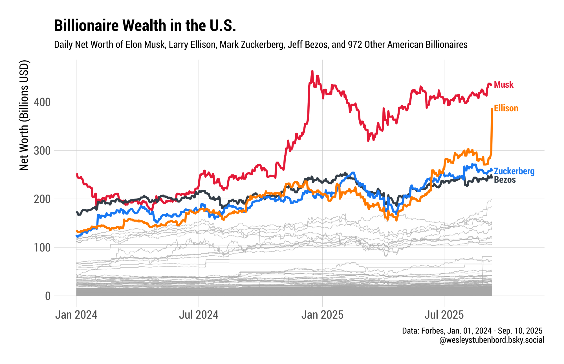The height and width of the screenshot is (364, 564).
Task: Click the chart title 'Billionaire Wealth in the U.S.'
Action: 145,26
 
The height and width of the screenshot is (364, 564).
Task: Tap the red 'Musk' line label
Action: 504,85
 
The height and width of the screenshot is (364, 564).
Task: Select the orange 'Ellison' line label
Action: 506,108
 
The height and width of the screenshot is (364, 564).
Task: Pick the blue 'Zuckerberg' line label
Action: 514,171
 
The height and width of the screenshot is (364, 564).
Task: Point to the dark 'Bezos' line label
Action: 505,180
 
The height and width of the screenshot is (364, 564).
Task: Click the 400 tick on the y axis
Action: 42,102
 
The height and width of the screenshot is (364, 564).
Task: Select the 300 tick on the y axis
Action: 42,151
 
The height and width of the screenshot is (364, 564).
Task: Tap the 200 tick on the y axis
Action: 42,199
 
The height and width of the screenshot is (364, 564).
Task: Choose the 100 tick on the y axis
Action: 42,248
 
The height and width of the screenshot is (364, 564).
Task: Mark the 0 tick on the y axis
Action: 48,296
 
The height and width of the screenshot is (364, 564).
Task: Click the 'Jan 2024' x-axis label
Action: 76,315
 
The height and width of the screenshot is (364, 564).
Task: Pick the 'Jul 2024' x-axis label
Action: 199,315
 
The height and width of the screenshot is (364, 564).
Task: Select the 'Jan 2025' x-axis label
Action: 322,315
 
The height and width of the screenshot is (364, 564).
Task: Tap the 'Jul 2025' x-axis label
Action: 444,315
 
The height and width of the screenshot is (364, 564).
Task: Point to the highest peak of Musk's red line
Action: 312,71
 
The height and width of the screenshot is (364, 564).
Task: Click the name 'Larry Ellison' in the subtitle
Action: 192,45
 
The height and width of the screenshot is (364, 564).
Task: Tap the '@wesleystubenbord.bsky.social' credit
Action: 492,340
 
